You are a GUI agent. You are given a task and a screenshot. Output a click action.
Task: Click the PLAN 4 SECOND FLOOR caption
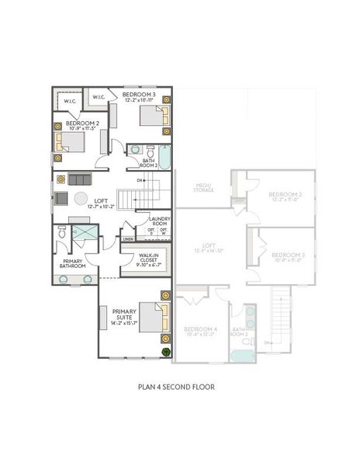pos(175,386)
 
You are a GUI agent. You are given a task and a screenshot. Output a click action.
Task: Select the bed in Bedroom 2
pos(71,141)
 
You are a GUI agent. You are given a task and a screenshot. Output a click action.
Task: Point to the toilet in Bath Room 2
pos(135,150)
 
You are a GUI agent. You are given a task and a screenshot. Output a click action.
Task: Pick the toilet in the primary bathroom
pos(61,232)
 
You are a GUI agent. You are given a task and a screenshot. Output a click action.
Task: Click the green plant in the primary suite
pos(165,351)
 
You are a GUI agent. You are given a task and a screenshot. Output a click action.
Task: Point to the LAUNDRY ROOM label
pos(159,220)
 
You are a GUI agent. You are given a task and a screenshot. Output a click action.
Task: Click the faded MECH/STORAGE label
pos(204,186)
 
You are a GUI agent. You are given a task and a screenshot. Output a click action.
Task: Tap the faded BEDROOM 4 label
pos(199,332)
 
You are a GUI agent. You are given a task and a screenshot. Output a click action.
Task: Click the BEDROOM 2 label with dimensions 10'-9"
pos(82,125)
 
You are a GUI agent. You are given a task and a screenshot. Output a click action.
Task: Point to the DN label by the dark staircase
pos(140,180)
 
